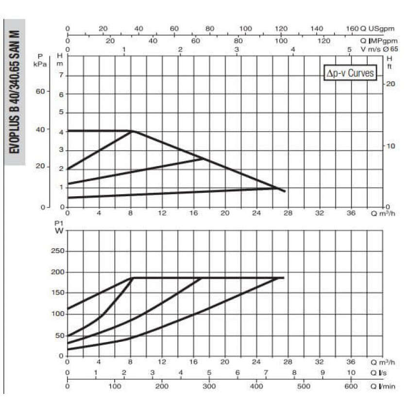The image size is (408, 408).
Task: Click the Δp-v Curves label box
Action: (x=350, y=73)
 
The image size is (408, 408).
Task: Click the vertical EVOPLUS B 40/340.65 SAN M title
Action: (x=15, y=92)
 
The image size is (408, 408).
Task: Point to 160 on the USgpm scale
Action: (x=353, y=29)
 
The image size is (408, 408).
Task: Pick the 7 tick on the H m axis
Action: (x=61, y=75)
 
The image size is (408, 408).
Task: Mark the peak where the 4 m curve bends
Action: (x=132, y=131)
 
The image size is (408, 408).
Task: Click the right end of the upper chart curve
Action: (x=285, y=191)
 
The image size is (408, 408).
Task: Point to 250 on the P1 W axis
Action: (x=57, y=251)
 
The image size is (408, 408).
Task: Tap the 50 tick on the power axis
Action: (x=59, y=335)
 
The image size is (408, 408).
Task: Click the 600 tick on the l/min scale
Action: (x=351, y=387)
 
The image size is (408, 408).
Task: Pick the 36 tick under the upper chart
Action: (x=351, y=213)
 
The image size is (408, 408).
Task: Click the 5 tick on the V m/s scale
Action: (x=349, y=50)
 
